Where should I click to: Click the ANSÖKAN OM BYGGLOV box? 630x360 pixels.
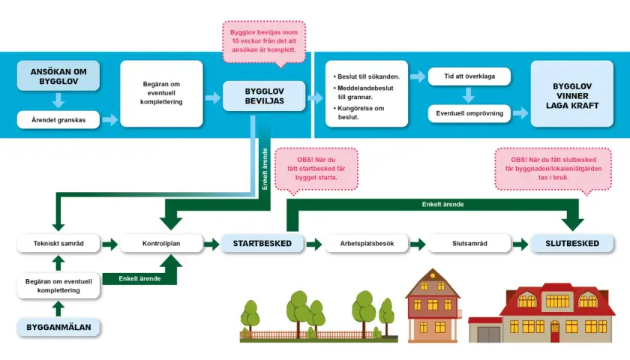(58, 76)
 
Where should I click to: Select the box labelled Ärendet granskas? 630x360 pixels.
(58, 120)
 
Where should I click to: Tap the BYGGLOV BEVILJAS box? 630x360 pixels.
(264, 96)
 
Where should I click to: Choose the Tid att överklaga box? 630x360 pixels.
(469, 76)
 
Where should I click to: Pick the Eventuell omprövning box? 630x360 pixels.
(469, 113)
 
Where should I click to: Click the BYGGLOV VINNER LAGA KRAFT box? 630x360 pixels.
(572, 94)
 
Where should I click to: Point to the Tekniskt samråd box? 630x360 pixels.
(58, 244)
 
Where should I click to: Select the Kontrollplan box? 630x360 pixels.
(161, 244)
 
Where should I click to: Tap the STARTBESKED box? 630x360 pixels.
(262, 244)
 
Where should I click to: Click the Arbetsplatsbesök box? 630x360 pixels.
(367, 244)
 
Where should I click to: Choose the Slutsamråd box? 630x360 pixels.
(469, 244)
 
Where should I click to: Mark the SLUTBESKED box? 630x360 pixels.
(572, 244)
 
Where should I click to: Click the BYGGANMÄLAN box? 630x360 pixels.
(58, 328)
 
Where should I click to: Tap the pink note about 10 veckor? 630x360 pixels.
(264, 41)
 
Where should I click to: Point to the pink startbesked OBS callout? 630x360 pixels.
(316, 169)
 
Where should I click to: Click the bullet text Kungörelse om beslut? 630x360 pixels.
(358, 113)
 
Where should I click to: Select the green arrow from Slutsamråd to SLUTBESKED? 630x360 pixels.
(520, 244)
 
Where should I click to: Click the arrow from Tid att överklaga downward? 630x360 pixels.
(469, 95)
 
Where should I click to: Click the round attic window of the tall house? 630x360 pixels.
(433, 276)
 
